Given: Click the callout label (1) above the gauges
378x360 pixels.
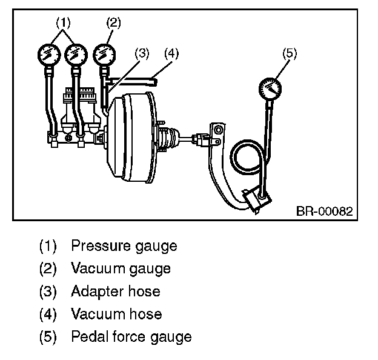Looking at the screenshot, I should (x=64, y=22).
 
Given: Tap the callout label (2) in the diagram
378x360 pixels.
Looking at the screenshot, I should (x=113, y=22).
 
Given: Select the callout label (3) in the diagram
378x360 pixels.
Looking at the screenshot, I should (x=142, y=52).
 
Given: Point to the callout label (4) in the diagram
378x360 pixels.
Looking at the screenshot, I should (x=171, y=52).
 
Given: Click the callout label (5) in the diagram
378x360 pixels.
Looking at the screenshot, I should (x=290, y=52).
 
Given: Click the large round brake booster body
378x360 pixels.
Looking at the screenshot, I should (x=130, y=136).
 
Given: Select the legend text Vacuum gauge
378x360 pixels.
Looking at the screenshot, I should (x=121, y=268).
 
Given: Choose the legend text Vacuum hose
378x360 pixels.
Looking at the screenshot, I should (x=116, y=314).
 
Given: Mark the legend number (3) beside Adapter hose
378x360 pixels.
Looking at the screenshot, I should (x=48, y=292).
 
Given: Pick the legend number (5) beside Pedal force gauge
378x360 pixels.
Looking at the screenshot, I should (x=48, y=336).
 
